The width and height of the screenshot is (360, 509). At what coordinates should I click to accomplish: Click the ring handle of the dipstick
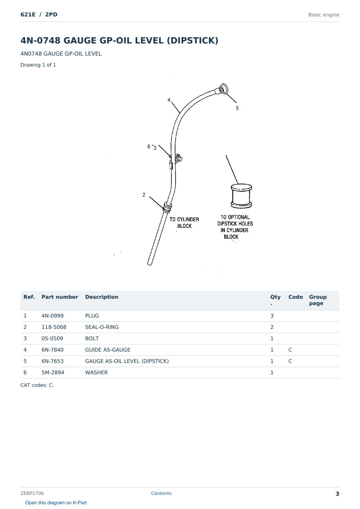pos(223,88)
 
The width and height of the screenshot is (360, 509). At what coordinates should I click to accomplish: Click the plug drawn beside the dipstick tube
pos(241,196)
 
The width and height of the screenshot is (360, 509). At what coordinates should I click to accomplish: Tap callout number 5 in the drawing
pos(238,108)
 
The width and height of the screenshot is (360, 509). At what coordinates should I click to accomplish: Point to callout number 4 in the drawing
pos(169,100)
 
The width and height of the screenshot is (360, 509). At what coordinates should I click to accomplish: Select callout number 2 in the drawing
pos(144,195)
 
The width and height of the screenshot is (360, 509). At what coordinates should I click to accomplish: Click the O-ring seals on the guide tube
pos(167,207)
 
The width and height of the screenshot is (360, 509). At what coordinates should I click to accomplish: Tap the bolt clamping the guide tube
pos(178,158)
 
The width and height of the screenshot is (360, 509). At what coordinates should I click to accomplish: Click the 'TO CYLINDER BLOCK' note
pos(184,223)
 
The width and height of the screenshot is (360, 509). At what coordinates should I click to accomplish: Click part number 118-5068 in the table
pos(54,327)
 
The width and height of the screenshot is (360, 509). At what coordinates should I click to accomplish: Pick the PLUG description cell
pos(92,316)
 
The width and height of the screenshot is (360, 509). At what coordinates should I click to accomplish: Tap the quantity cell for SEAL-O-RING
pos(272,327)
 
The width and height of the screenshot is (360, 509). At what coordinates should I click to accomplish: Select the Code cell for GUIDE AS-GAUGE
pos(290,350)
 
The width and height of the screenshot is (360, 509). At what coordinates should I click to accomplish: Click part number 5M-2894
pos(53,372)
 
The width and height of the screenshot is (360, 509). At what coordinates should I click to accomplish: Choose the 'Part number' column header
pos(60,297)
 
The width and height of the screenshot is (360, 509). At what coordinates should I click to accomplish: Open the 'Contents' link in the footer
pos(161,493)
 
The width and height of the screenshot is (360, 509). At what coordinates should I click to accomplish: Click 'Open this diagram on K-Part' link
pos(56,503)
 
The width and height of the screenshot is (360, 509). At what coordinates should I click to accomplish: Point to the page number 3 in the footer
pos(337,494)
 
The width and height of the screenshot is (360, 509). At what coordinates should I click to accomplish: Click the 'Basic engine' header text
pos(324,15)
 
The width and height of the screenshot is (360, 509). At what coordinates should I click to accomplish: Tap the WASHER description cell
pos(96,372)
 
